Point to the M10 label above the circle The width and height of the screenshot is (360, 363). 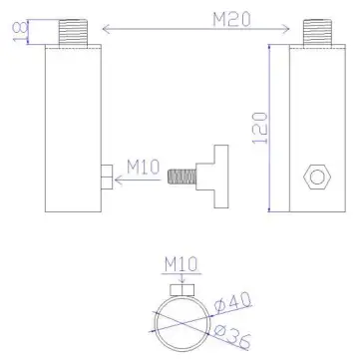(180, 264)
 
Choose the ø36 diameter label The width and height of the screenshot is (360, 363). (230, 331)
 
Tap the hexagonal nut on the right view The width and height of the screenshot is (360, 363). (317, 176)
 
